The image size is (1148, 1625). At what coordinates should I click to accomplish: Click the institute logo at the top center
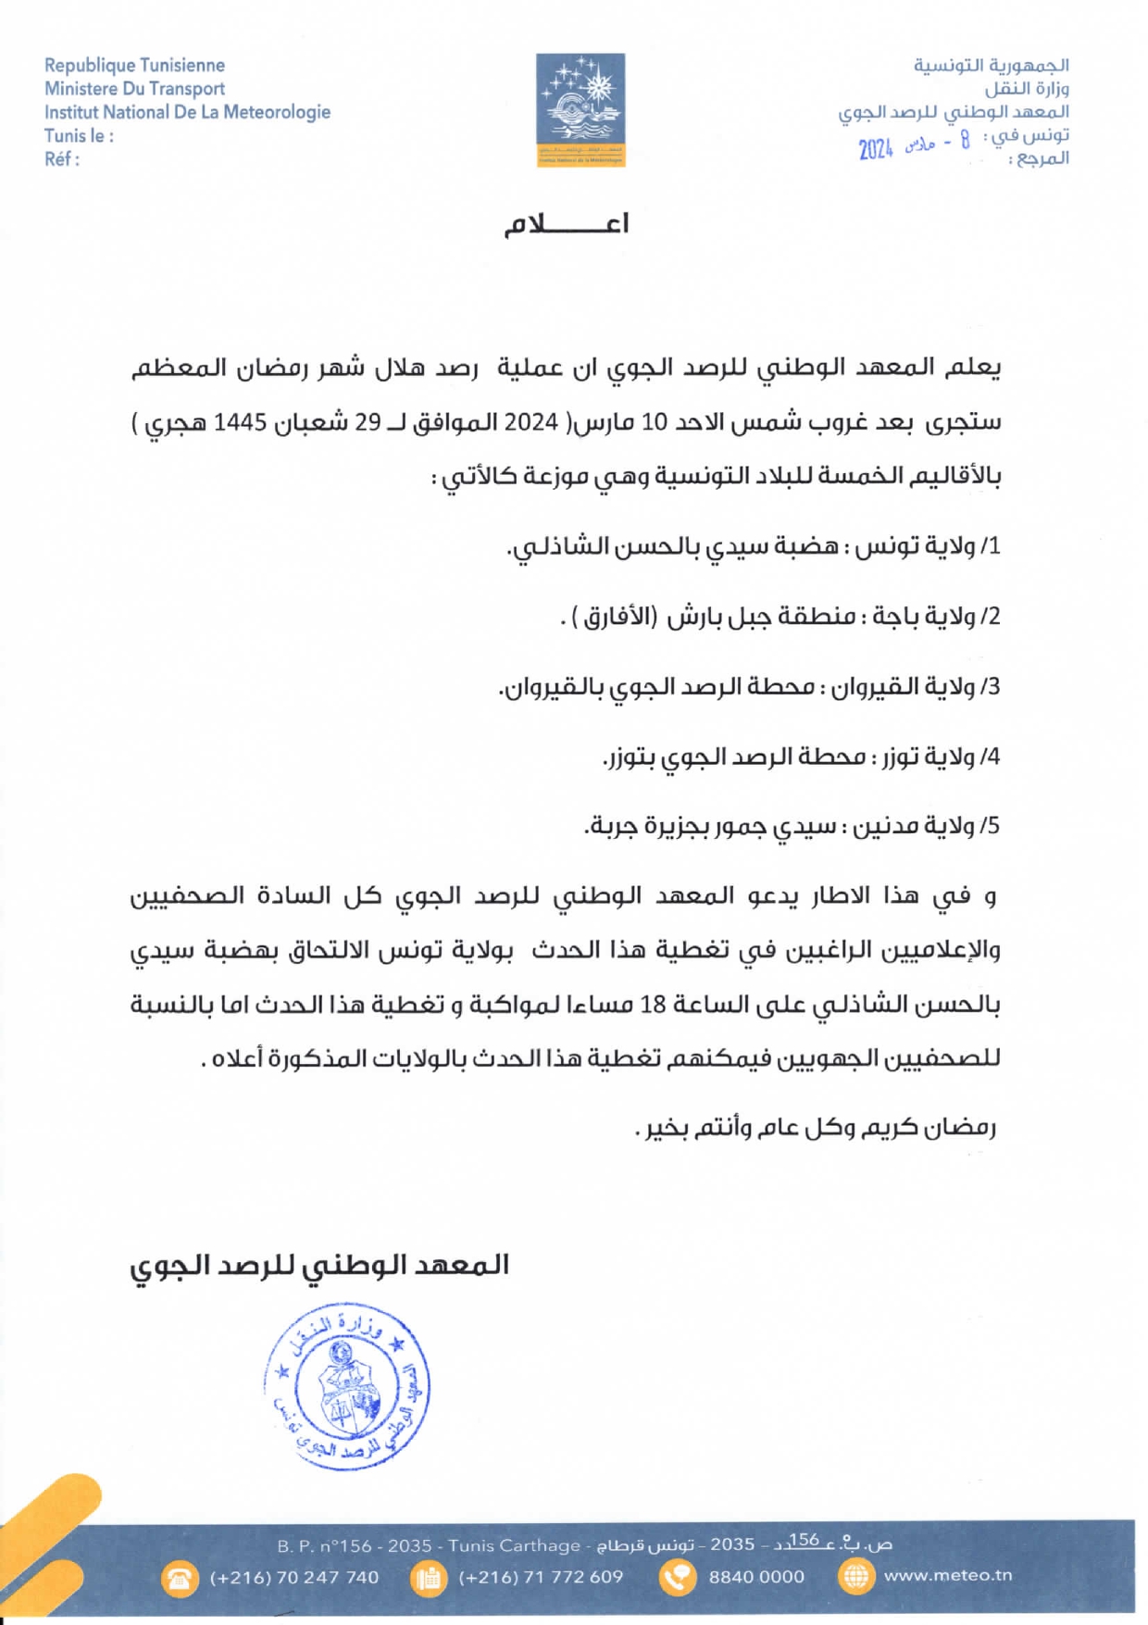click(580, 109)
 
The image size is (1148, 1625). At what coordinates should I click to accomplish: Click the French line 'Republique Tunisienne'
click(134, 66)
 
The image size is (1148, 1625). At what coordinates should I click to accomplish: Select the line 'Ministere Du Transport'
click(134, 89)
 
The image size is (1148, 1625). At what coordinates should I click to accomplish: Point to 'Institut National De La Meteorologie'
click(187, 112)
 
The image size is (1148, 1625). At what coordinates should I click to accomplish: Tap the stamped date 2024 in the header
click(875, 148)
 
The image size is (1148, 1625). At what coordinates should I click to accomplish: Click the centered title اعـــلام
click(567, 224)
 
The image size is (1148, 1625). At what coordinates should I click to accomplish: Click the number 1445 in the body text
click(240, 422)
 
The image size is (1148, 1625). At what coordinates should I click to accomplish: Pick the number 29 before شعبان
click(368, 422)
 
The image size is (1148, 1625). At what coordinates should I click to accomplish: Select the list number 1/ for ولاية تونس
click(991, 546)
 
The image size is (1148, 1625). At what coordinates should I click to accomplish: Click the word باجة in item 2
click(889, 616)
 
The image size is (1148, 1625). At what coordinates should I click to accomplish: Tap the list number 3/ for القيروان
click(991, 686)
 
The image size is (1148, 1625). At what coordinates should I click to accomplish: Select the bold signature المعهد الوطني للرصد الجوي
click(319, 1266)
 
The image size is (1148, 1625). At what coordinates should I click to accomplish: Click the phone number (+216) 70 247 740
click(294, 1577)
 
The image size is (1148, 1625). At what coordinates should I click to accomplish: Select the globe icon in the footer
click(855, 1576)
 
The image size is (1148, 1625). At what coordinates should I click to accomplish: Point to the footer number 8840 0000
click(756, 1577)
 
